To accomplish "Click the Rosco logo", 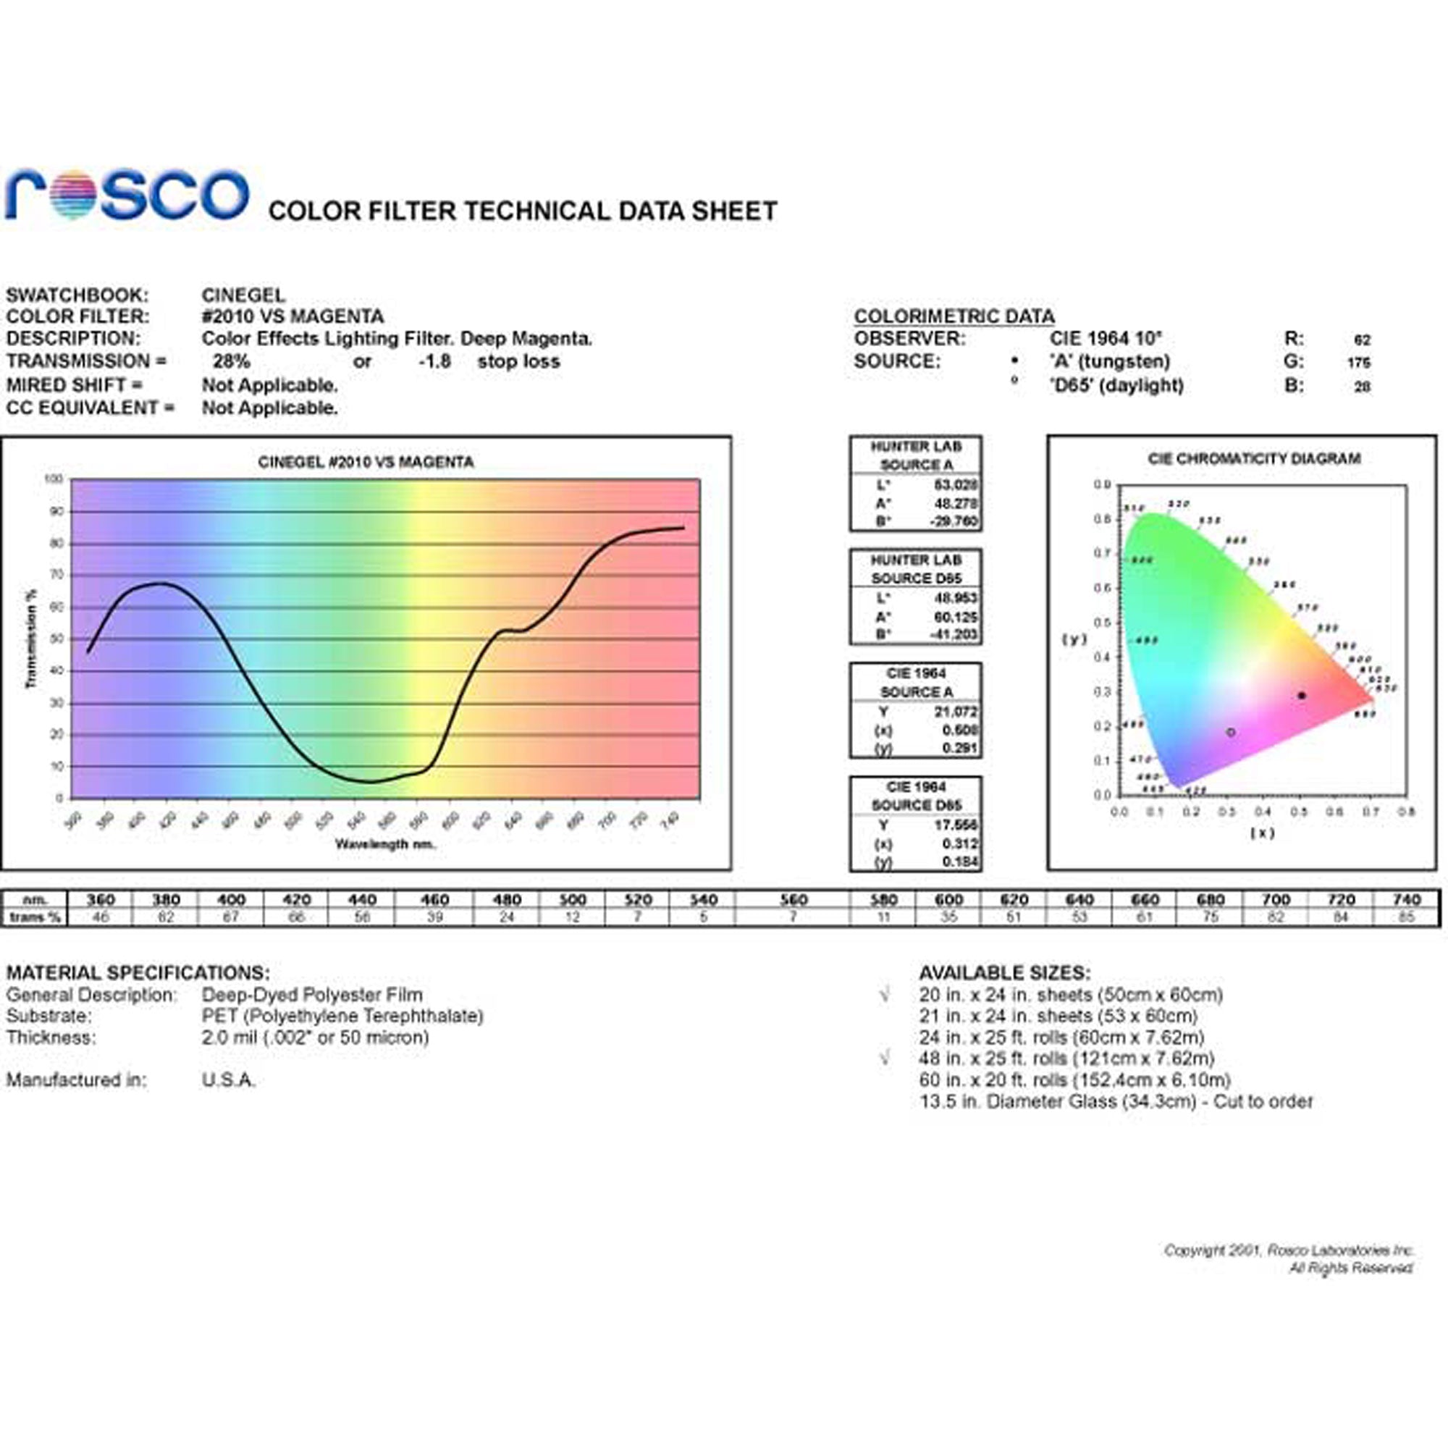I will [127, 195].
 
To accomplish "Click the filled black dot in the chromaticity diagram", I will [1302, 696].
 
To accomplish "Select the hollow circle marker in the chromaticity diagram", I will [1231, 732].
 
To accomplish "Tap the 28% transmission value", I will [231, 361].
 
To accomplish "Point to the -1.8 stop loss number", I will [434, 361].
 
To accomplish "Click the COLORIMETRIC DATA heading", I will [954, 316].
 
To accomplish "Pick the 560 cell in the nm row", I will [793, 899].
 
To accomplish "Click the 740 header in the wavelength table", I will [1406, 899].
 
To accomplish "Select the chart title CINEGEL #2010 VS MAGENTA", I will [366, 463].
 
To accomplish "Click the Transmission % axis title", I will [31, 639].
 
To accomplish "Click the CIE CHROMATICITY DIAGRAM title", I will [1254, 459].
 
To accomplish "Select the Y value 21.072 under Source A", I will [956, 711].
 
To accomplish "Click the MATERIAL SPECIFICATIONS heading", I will [138, 973].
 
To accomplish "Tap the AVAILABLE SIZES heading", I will [1004, 973].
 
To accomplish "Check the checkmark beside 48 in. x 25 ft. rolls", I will [886, 1058].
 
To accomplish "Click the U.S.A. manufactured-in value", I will [229, 1080].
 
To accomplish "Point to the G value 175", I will [1358, 363].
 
